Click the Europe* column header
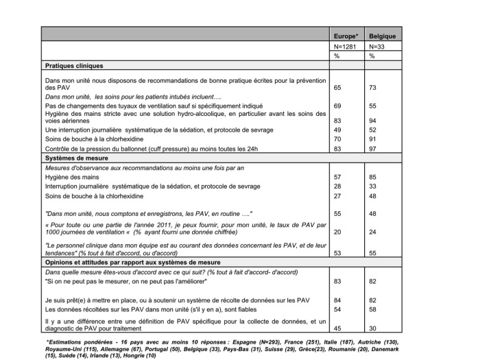(x=346, y=35)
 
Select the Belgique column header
(x=381, y=35)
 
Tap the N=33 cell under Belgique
(x=377, y=46)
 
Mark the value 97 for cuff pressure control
(x=374, y=149)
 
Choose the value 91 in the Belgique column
(x=374, y=139)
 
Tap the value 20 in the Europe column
(x=337, y=232)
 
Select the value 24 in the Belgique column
(x=374, y=232)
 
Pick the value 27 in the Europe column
(x=337, y=195)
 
